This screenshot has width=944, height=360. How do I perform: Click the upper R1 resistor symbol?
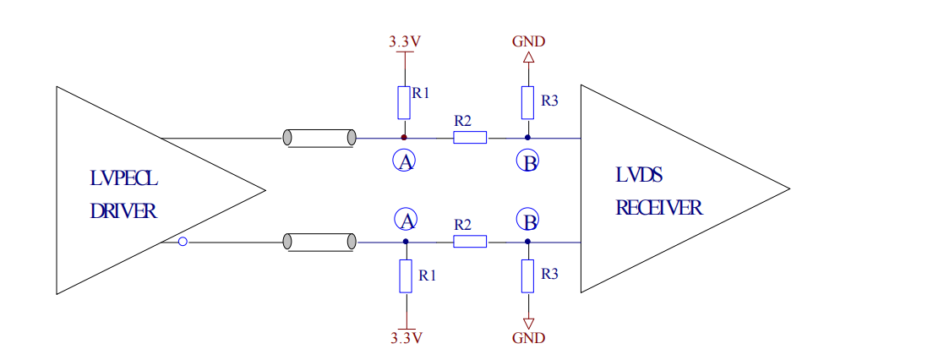pyautogui.click(x=404, y=102)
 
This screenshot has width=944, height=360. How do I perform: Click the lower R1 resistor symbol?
pyautogui.click(x=406, y=276)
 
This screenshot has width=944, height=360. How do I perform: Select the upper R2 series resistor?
pyautogui.click(x=470, y=138)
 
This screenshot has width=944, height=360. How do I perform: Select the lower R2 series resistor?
pyautogui.click(x=470, y=242)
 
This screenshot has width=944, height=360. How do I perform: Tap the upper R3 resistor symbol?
pyautogui.click(x=527, y=102)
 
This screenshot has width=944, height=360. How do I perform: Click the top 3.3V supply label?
pyautogui.click(x=405, y=41)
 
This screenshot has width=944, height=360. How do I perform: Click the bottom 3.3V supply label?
pyautogui.click(x=406, y=338)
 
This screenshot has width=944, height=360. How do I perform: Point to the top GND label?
pyautogui.click(x=528, y=41)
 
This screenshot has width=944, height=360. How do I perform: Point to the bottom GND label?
pyautogui.click(x=528, y=338)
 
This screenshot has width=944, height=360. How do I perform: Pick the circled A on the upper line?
pyautogui.click(x=405, y=161)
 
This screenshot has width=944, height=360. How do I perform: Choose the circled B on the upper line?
pyautogui.click(x=528, y=162)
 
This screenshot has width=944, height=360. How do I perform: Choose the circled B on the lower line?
pyautogui.click(x=528, y=221)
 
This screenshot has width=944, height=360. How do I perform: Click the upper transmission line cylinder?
pyautogui.click(x=319, y=138)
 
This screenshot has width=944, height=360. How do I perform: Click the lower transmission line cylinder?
pyautogui.click(x=319, y=242)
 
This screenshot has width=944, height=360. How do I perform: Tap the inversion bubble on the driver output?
pyautogui.click(x=183, y=243)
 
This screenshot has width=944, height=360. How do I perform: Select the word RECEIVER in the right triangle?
pyautogui.click(x=659, y=208)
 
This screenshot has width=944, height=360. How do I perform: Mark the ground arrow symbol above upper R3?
pyautogui.click(x=528, y=58)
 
